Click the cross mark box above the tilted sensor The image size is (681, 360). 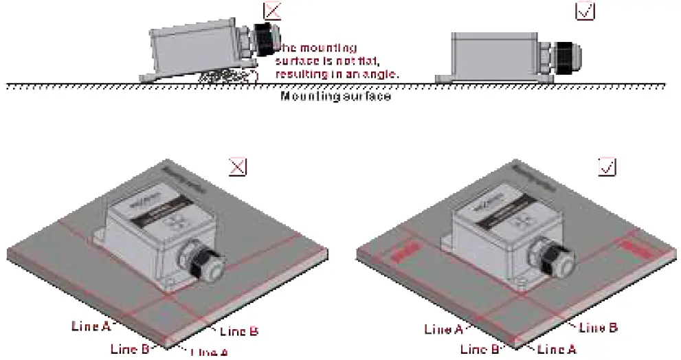(272, 10)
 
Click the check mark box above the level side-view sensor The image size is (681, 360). (585, 11)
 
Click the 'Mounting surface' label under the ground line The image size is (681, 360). (335, 96)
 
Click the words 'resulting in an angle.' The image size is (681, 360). (337, 73)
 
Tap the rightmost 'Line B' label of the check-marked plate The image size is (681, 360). (598, 328)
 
